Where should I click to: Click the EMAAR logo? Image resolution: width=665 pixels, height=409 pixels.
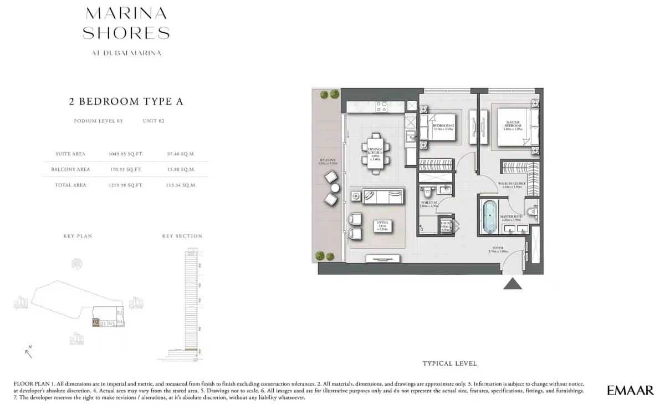pyautogui.click(x=630, y=390)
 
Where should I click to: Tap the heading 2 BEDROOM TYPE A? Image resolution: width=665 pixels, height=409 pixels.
pyautogui.click(x=126, y=102)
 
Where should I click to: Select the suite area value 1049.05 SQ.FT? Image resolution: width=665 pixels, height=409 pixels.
pyautogui.click(x=125, y=154)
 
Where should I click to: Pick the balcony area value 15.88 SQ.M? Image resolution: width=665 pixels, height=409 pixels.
pyautogui.click(x=181, y=169)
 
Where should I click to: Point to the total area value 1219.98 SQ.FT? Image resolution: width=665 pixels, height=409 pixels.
pyautogui.click(x=125, y=185)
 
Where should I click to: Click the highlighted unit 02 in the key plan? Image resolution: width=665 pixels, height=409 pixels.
pyautogui.click(x=96, y=322)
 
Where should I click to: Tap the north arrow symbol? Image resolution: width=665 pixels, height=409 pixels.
pyautogui.click(x=28, y=352)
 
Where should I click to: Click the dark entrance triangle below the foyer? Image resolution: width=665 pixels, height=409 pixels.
pyautogui.click(x=512, y=284)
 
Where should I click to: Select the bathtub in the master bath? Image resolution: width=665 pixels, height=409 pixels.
pyautogui.click(x=490, y=216)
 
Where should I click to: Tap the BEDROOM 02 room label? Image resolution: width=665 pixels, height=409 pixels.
pyautogui.click(x=443, y=127)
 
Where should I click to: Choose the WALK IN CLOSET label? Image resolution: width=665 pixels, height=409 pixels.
pyautogui.click(x=511, y=185)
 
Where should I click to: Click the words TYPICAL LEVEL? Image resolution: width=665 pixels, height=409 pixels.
pyautogui.click(x=449, y=364)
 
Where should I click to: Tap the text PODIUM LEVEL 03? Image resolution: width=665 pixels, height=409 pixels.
pyautogui.click(x=98, y=121)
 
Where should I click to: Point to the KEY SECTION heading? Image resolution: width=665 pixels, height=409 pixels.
pyautogui.click(x=182, y=236)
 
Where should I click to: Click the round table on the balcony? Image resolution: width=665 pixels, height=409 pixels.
pyautogui.click(x=335, y=188)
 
